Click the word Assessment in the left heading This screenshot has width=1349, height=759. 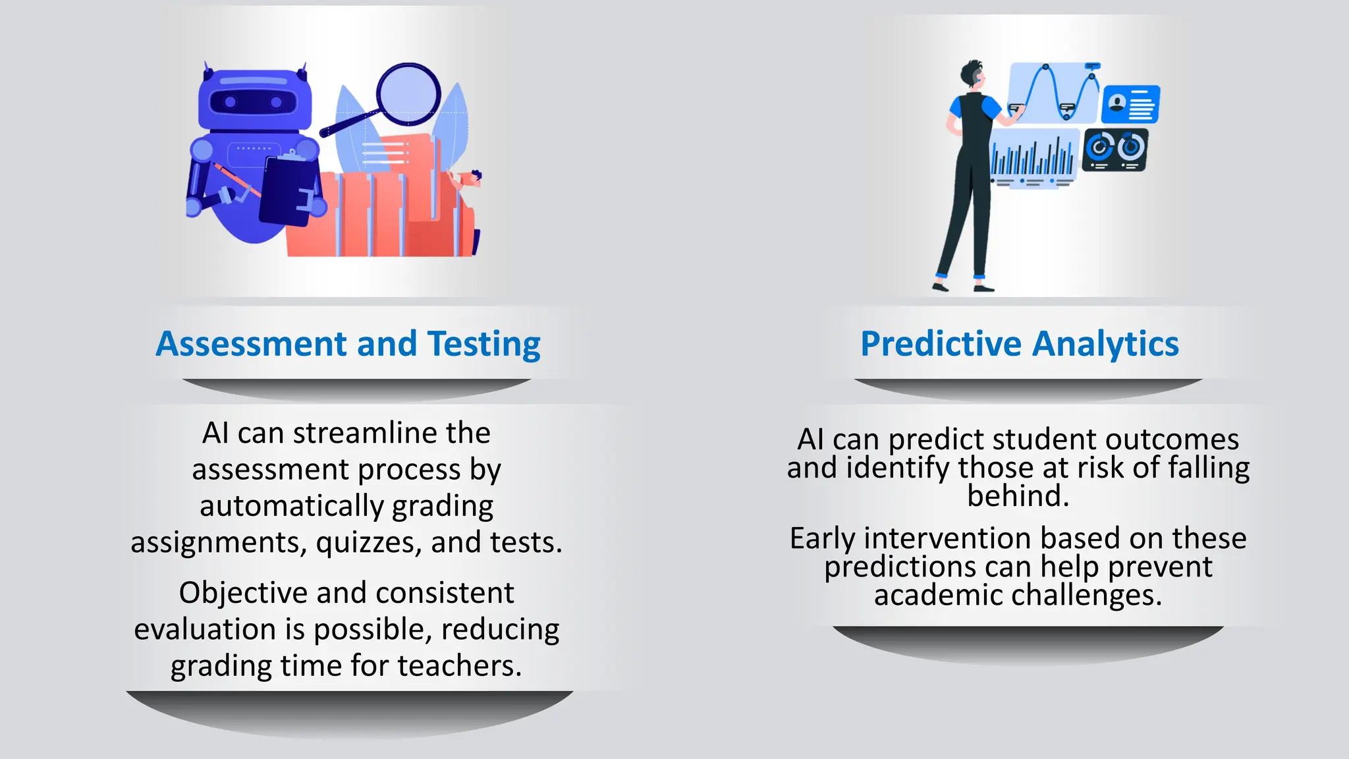[x=251, y=344]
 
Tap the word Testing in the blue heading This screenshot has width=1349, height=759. [x=484, y=344]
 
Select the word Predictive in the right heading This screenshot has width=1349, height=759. [x=941, y=344]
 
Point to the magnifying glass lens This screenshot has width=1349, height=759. [x=408, y=93]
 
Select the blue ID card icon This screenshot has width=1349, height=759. [x=1131, y=104]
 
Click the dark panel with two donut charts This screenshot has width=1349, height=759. [x=1115, y=150]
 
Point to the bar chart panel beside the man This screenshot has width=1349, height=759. [x=1033, y=158]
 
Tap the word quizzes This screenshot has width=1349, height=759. [x=369, y=543]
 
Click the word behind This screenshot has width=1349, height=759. [x=1018, y=496]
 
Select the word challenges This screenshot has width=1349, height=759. [x=1086, y=596]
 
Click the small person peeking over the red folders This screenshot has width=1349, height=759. [x=472, y=179]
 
